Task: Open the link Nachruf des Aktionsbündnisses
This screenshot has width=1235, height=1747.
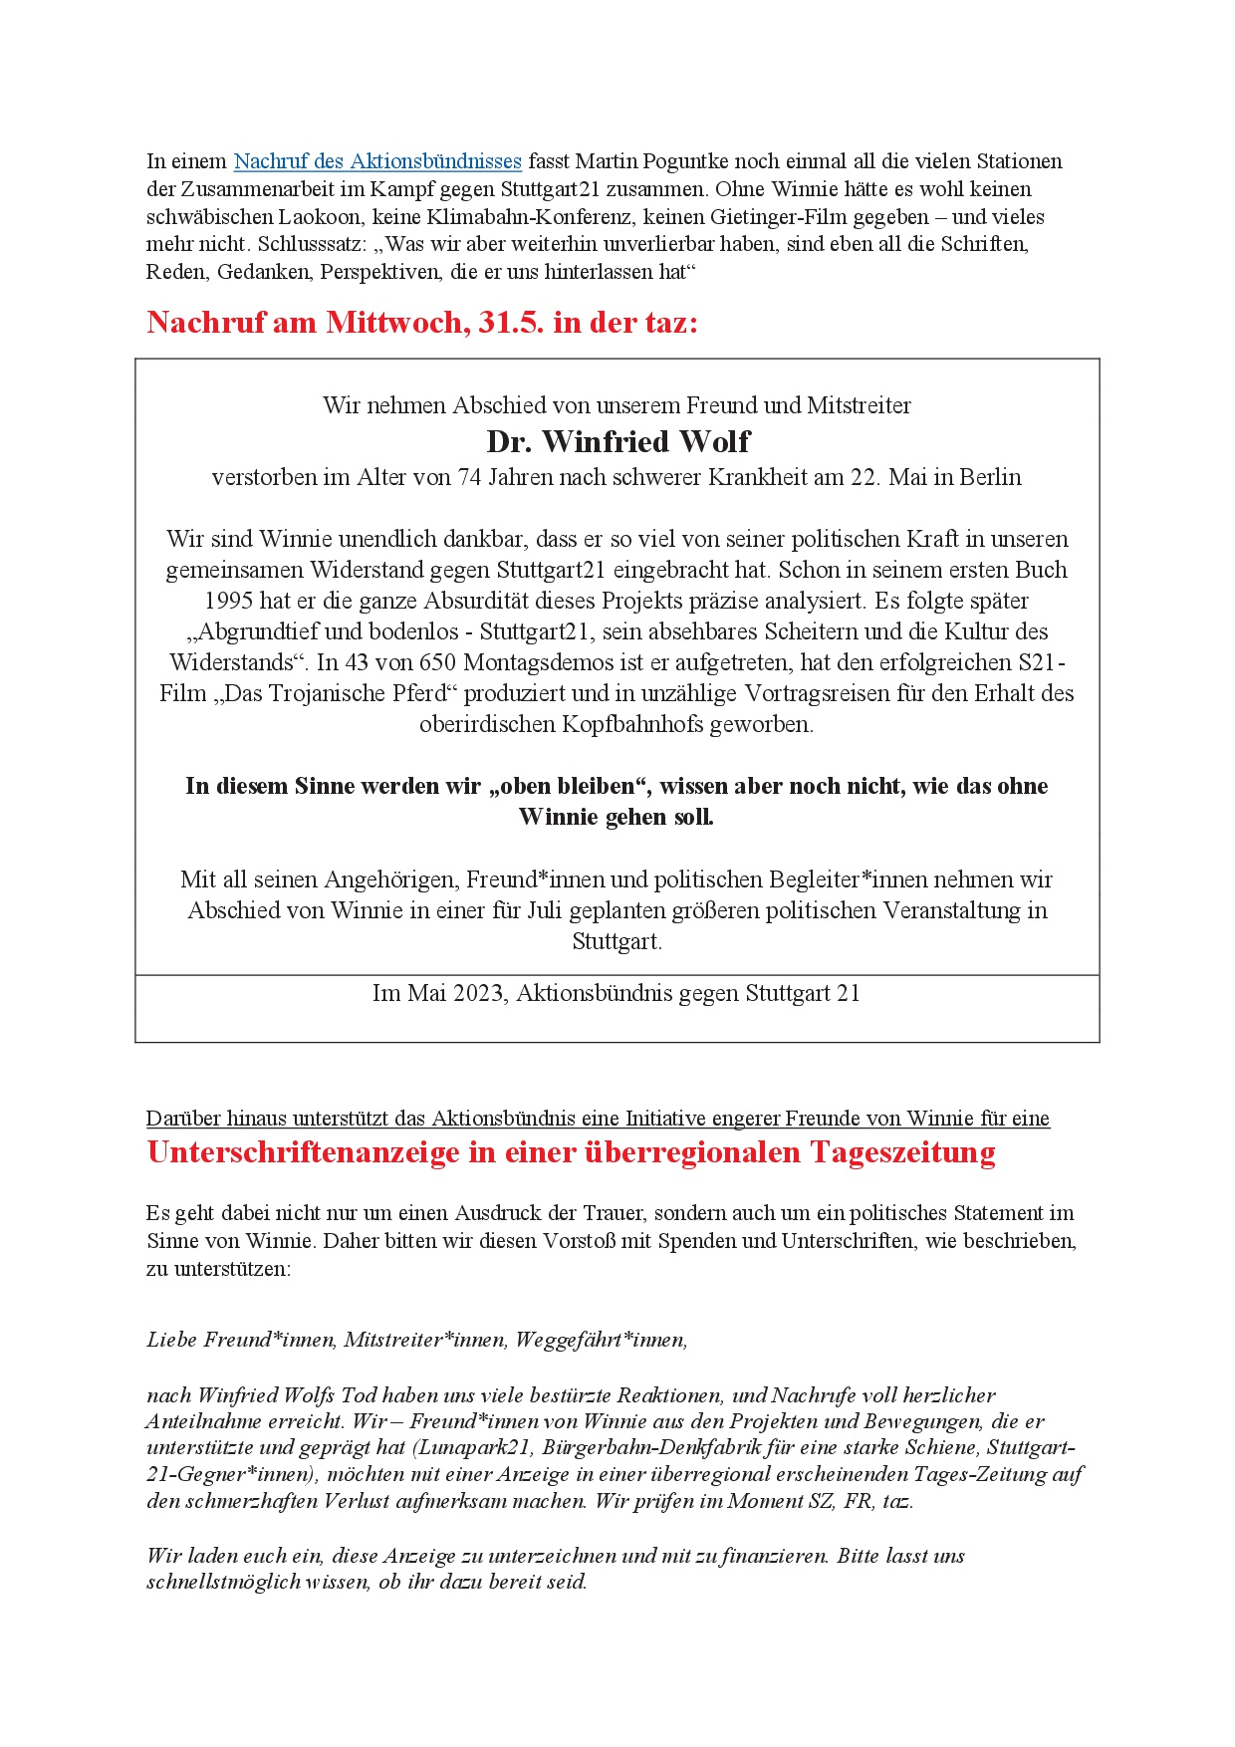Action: pyautogui.click(x=377, y=161)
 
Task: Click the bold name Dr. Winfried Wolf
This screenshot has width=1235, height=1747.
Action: pyautogui.click(x=617, y=441)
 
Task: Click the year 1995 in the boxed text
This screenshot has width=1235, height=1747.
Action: pyautogui.click(x=229, y=602)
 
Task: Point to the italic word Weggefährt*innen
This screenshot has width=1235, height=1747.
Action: pyautogui.click(x=601, y=1341)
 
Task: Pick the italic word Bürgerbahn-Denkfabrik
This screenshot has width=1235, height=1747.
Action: pyautogui.click(x=648, y=1448)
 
